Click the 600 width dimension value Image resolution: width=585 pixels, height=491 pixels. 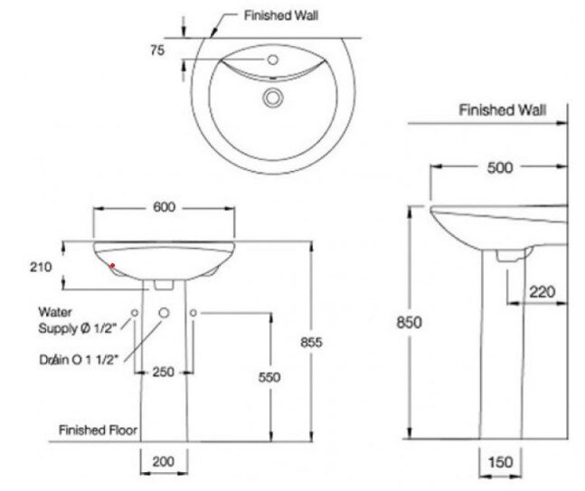tap(163, 207)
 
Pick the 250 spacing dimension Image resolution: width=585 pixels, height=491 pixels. tap(164, 373)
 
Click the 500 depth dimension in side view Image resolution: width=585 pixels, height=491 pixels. tap(499, 167)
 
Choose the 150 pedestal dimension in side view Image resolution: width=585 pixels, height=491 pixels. tap(500, 461)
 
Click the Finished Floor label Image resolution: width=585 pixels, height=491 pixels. tap(98, 430)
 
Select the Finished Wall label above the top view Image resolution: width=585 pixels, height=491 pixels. tap(281, 15)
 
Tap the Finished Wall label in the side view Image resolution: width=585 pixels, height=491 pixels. tap(502, 110)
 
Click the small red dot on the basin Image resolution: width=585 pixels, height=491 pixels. tap(112, 266)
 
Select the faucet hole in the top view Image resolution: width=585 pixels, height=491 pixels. tap(272, 60)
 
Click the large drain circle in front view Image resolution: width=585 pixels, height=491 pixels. tap(165, 313)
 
